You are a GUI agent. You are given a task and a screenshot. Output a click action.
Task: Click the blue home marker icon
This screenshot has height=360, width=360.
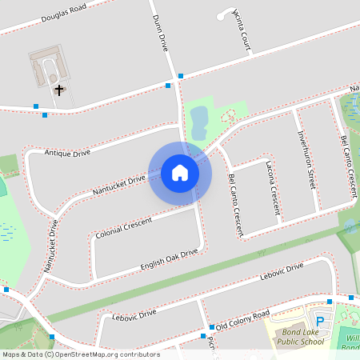coord(180,172)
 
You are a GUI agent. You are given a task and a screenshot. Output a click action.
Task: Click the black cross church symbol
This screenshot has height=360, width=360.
coord(58,90)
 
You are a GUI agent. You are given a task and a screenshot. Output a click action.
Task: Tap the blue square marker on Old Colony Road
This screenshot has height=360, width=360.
coord(212,327)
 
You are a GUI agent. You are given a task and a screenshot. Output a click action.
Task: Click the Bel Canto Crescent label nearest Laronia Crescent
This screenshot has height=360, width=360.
coord(235,206)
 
